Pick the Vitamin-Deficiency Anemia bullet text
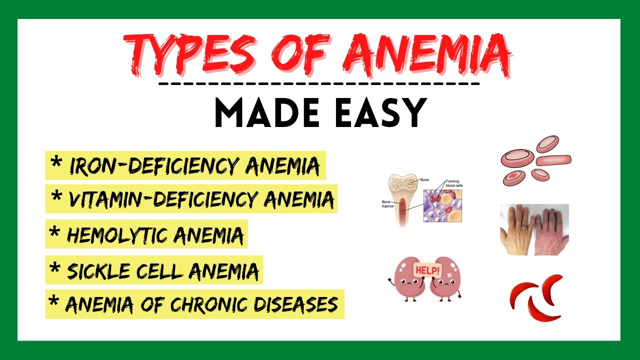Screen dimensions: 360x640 coord(200,199)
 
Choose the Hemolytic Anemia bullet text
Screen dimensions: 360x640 coord(155,234)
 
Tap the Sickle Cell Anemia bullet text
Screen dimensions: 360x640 coord(162,271)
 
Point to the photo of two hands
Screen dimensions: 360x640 coord(534,229)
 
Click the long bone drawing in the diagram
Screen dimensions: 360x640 coord(402,197)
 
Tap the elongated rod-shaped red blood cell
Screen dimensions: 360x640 coord(553,160)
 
